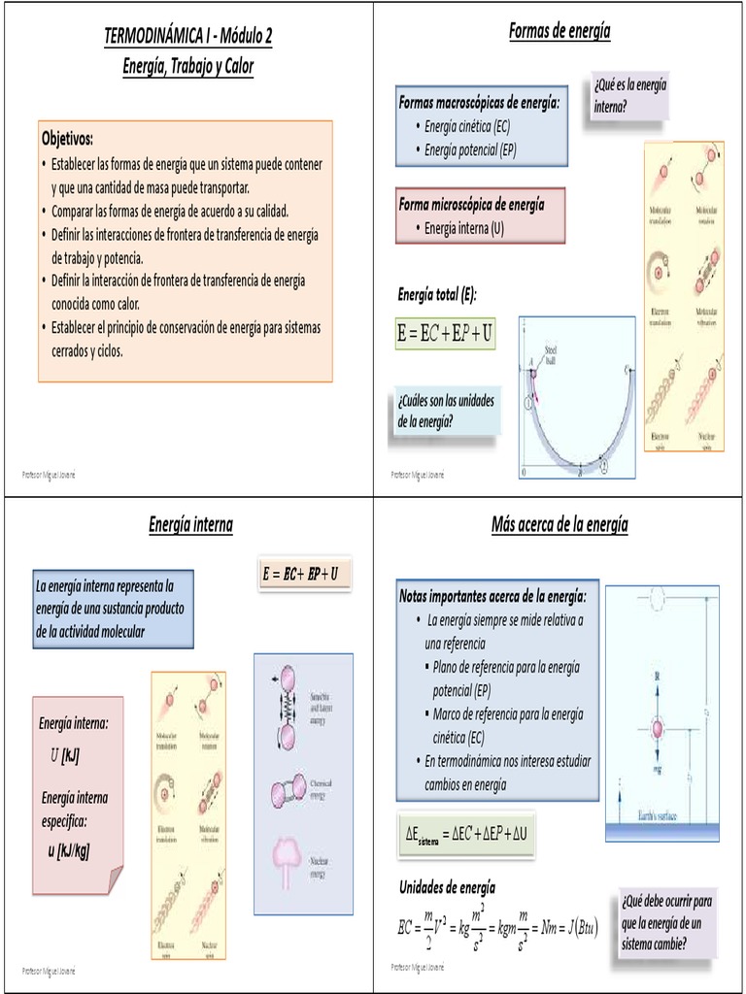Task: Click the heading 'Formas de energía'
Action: point(559,31)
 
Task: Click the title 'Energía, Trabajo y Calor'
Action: point(187,66)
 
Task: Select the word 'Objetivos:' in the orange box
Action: point(67,138)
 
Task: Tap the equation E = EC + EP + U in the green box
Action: point(445,334)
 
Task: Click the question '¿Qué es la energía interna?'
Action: point(629,95)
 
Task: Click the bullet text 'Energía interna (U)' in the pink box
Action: point(464,228)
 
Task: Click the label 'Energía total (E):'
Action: point(437,293)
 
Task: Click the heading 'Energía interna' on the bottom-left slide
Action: point(190,525)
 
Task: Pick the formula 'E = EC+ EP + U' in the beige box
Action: point(300,574)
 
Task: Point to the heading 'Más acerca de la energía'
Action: point(559,525)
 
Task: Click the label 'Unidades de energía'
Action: point(447,886)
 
